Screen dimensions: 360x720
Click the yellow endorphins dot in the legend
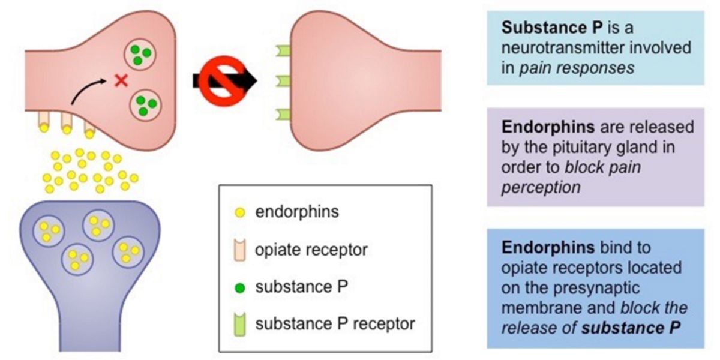(239, 212)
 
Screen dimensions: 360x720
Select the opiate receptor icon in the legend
(239, 248)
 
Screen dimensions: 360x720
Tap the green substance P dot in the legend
(239, 286)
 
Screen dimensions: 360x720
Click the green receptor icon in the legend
(239, 324)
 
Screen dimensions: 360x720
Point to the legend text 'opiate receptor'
(311, 249)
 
